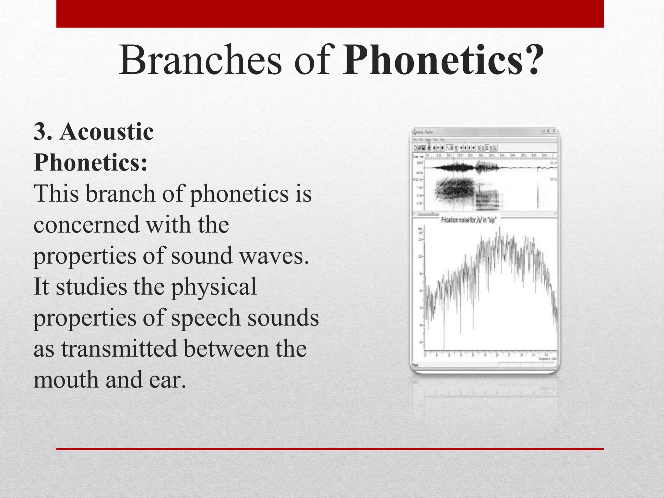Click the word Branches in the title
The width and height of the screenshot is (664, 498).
tap(200, 61)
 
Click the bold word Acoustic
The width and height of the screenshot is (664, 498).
tap(106, 132)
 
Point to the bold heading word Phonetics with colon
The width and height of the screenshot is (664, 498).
tap(90, 162)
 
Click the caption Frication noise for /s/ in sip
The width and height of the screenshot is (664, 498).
tap(469, 220)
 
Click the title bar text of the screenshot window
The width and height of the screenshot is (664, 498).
tap(423, 132)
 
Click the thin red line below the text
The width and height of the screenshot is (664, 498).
tap(330, 449)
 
